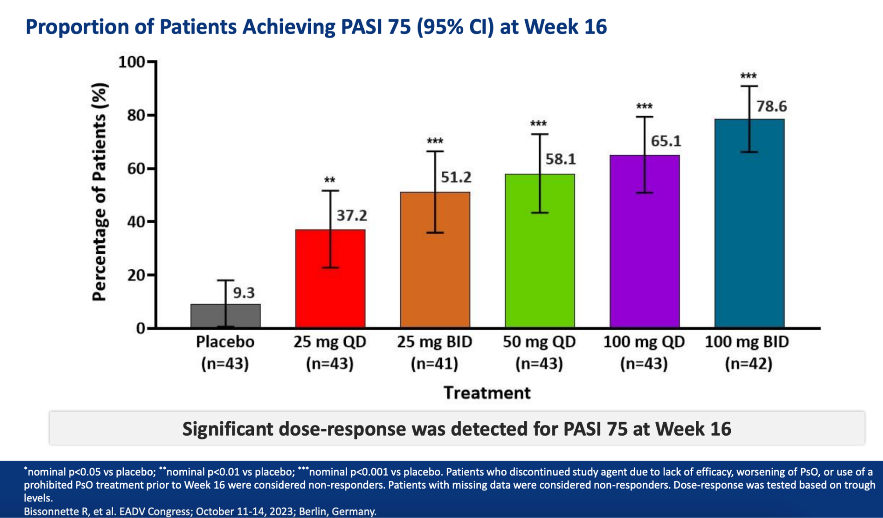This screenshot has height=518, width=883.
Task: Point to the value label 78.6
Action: coord(772,106)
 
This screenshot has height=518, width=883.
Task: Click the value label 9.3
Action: coord(244,293)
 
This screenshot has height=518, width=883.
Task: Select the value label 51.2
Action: coord(456,177)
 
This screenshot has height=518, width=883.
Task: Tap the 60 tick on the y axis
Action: coord(137,169)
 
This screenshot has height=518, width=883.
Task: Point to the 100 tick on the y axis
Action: coord(132,62)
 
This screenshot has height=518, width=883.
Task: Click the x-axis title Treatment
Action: coord(487,393)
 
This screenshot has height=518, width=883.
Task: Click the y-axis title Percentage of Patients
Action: coord(99,192)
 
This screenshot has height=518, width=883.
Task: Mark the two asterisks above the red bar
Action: coord(330,180)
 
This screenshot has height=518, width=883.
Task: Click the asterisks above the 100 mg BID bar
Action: coord(748,76)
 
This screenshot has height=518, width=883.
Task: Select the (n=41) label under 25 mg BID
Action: coord(434,364)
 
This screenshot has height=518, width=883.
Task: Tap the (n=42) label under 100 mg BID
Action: coord(748,364)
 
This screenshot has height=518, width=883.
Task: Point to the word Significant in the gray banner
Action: coord(228,429)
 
